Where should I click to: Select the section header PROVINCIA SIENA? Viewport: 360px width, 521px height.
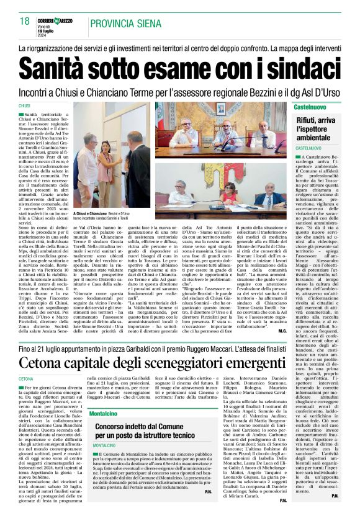point(132,22)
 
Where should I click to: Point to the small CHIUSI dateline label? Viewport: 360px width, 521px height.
point(25,107)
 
